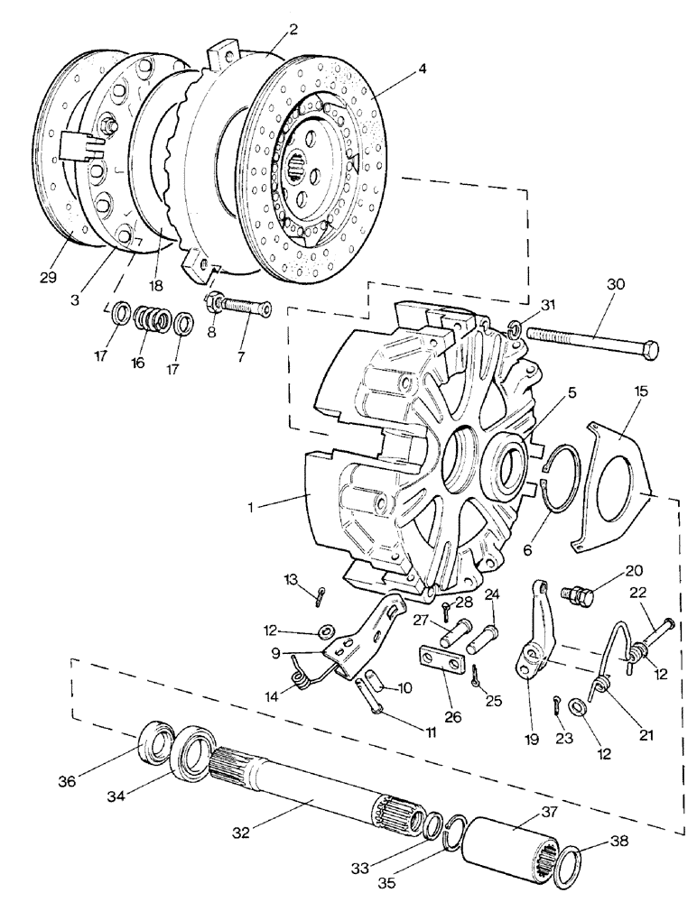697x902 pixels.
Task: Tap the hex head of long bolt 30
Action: point(650,349)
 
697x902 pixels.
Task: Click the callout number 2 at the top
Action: point(293,30)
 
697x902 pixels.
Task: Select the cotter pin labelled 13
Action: point(323,596)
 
